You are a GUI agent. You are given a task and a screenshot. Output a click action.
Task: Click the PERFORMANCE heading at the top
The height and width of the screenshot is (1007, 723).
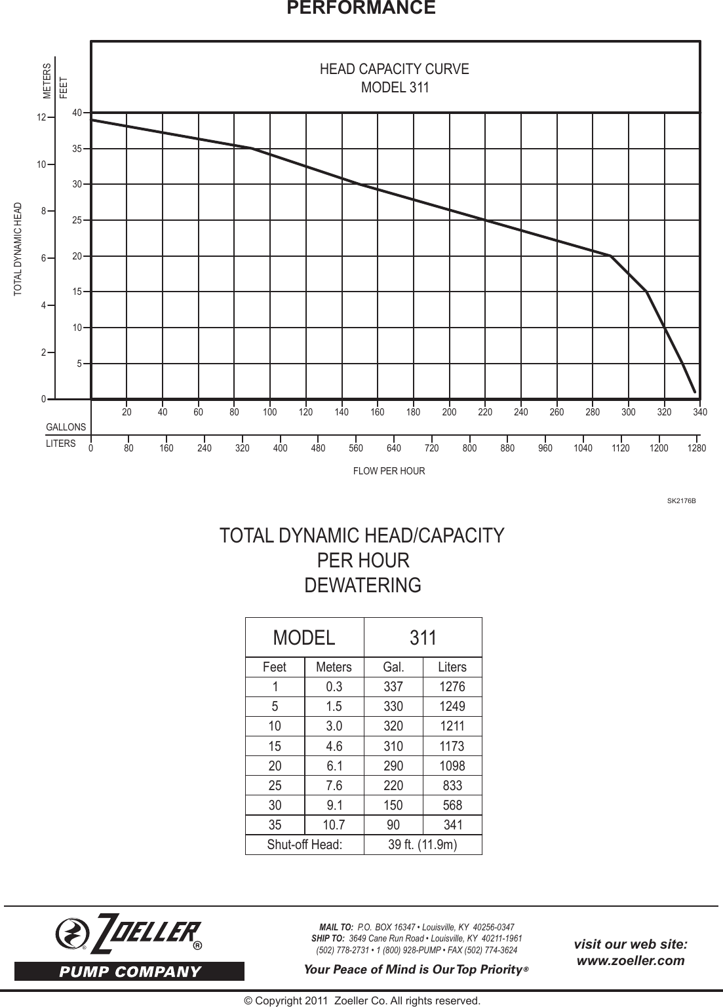point(361,8)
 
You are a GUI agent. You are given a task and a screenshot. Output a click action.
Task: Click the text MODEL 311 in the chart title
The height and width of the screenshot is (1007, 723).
point(395,87)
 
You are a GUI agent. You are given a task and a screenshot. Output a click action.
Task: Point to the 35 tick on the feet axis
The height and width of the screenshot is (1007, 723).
point(77,149)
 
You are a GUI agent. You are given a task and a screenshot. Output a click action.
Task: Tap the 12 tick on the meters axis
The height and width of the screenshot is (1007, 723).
point(42,118)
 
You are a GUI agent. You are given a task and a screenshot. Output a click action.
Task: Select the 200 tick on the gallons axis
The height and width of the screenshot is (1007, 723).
point(449,413)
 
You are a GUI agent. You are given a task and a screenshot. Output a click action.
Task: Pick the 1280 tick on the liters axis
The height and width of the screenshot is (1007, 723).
point(697,449)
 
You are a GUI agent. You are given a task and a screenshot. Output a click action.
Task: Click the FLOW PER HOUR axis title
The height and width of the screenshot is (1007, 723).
point(389,471)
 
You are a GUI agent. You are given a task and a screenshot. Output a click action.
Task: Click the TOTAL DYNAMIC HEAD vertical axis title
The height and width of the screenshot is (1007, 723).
point(18,248)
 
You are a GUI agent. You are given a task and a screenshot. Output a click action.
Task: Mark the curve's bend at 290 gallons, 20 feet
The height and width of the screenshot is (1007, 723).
point(610,256)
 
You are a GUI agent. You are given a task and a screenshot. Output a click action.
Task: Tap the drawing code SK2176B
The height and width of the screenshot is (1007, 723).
point(681,501)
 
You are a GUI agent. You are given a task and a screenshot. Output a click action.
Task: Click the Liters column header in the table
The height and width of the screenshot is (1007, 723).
point(452,667)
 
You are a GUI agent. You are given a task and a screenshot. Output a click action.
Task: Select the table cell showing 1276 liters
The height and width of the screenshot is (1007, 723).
point(452,687)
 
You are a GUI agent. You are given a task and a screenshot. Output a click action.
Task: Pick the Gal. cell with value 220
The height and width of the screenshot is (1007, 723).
point(393,785)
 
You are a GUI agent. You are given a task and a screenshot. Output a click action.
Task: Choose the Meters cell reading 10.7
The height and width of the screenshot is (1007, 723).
point(334,824)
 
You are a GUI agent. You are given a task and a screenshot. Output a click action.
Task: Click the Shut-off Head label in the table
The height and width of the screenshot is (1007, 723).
point(304,845)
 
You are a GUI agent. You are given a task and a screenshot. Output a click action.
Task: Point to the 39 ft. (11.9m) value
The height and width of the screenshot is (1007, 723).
point(423,845)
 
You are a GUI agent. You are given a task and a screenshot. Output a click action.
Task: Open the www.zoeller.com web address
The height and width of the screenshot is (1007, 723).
point(630,960)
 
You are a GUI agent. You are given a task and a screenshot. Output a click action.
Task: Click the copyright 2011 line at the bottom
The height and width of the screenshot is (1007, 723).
point(362,1000)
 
